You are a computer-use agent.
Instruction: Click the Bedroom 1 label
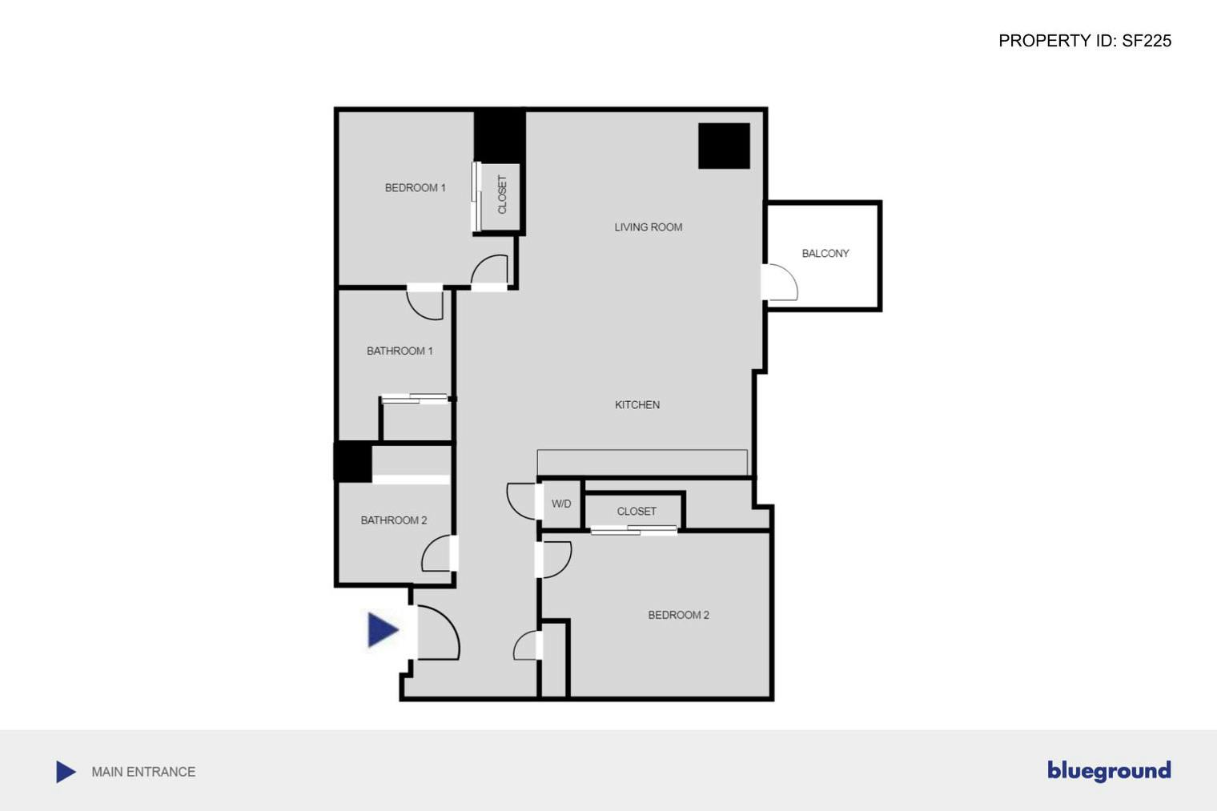pos(415,188)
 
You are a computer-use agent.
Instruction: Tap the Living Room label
pos(648,227)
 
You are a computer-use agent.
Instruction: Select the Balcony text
pos(825,254)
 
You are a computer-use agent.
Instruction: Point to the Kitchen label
pos(637,405)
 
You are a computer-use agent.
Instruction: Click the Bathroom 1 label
pos(400,351)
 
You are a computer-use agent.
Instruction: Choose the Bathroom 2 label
pos(393,520)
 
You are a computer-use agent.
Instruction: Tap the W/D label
pos(560,504)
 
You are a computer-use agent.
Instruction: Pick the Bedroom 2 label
pos(678,616)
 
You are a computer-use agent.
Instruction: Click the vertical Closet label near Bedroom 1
pos(502,195)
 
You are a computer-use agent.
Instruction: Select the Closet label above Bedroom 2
pos(637,512)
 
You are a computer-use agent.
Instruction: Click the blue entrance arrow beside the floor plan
pos(382,629)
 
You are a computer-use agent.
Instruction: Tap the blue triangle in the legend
pos(66,772)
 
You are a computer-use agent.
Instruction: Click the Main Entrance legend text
pos(143,772)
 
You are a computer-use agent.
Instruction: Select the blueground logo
pos(1109,770)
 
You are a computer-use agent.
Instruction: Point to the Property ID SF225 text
pos(1084,41)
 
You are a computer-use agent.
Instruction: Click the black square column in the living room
pos(724,146)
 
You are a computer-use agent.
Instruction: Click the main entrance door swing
pos(438,633)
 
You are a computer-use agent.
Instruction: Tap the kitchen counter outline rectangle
pos(642,462)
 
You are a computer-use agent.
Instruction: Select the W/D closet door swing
pos(521,501)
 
